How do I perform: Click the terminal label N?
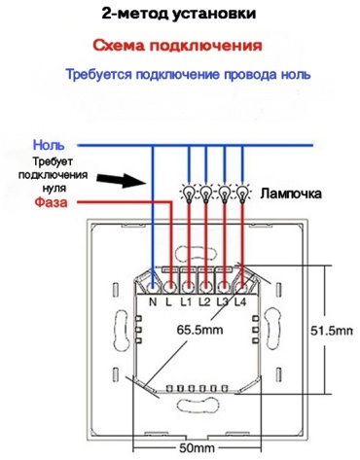pyautogui.click(x=153, y=302)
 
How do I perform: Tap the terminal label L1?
pyautogui.click(x=186, y=302)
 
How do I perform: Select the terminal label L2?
pyautogui.click(x=204, y=302)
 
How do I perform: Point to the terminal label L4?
pyautogui.click(x=240, y=302)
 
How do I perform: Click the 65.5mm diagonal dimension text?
pyautogui.click(x=199, y=330)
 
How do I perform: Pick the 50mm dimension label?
pyautogui.click(x=198, y=448)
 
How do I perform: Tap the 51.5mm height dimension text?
pyautogui.click(x=332, y=331)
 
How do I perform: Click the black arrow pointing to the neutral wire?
pyautogui.click(x=122, y=180)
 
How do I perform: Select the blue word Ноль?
pyautogui.click(x=49, y=145)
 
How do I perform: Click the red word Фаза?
pyautogui.click(x=51, y=202)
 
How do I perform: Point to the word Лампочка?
pyautogui.click(x=291, y=194)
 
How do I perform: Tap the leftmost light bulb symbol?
pyautogui.click(x=189, y=194)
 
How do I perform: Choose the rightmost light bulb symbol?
pyautogui.click(x=242, y=194)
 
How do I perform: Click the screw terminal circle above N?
pyautogui.click(x=153, y=287)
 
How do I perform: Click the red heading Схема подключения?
pyautogui.click(x=177, y=46)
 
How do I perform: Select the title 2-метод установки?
pyautogui.click(x=179, y=15)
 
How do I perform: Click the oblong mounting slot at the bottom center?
pyautogui.click(x=198, y=405)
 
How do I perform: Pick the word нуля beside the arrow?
pyautogui.click(x=54, y=188)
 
